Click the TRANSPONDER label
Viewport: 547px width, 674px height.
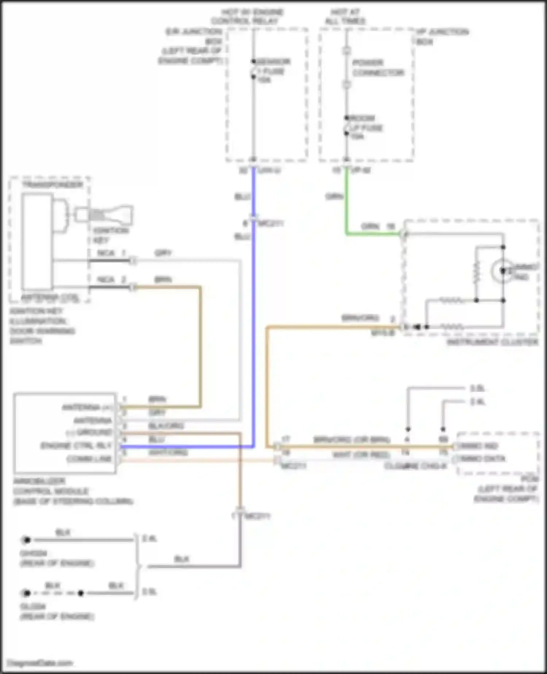52,185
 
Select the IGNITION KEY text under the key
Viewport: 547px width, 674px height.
110,235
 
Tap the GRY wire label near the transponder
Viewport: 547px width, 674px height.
163,253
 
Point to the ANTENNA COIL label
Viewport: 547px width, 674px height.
50,298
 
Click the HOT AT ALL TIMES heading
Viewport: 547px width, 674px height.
345,16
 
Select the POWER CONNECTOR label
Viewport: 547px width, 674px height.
378,68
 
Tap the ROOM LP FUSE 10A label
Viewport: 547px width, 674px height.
365,127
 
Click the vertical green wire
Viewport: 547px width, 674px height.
346,201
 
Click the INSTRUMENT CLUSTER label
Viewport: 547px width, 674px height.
492,342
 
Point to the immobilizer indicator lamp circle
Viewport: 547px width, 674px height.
502,271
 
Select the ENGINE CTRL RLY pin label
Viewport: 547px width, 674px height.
76,446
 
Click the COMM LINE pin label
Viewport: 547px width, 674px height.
89,459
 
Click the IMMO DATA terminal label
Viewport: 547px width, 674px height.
483,459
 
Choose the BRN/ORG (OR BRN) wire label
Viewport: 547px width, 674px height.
352,440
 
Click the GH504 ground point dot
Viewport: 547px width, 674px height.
26,540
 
